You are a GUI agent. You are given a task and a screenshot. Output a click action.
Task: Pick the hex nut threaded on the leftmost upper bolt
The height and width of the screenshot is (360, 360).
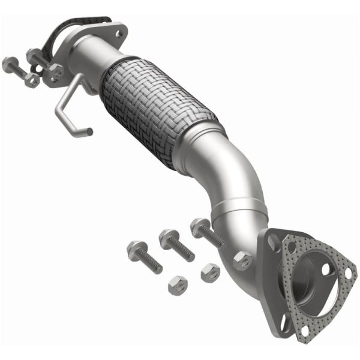31,80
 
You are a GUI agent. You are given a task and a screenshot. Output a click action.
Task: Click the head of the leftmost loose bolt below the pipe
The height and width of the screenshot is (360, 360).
133,248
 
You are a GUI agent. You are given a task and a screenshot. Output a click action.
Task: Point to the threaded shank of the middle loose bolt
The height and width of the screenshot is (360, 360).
181,250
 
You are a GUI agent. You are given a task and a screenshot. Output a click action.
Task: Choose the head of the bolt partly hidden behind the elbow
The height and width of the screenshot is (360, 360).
198,226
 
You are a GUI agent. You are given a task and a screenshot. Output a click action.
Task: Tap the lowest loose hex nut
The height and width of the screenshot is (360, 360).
178,281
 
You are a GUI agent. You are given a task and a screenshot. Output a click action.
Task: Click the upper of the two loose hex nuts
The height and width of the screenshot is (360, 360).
210,271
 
